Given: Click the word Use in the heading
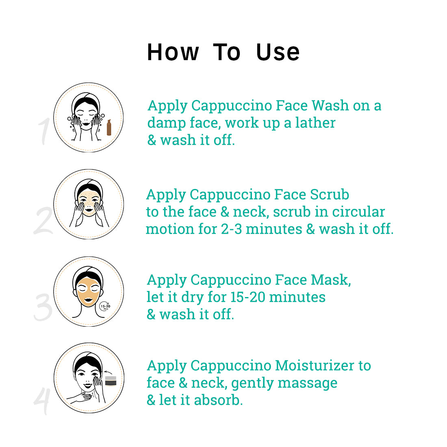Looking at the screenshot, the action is coord(278,52).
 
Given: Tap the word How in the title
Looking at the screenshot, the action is coord(173,52).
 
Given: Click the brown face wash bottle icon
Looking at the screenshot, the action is coord(109,128).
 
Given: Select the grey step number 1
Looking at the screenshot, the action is coord(44,131).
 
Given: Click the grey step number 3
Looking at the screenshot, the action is coord(43,308).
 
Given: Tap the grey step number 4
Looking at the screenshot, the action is coord(42,401).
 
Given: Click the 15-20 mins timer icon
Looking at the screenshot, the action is coord(105,306).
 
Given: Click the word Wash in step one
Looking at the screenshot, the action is coord(330,106).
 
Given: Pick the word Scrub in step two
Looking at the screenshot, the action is coord(330,194).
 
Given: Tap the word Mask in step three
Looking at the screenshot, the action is coord(331,280).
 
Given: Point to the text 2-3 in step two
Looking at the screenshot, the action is coord(232,229).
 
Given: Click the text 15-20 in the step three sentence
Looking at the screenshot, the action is coord(248,297).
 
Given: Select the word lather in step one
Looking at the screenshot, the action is coord(315,123).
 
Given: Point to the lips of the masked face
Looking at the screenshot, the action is coord(88,299).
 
